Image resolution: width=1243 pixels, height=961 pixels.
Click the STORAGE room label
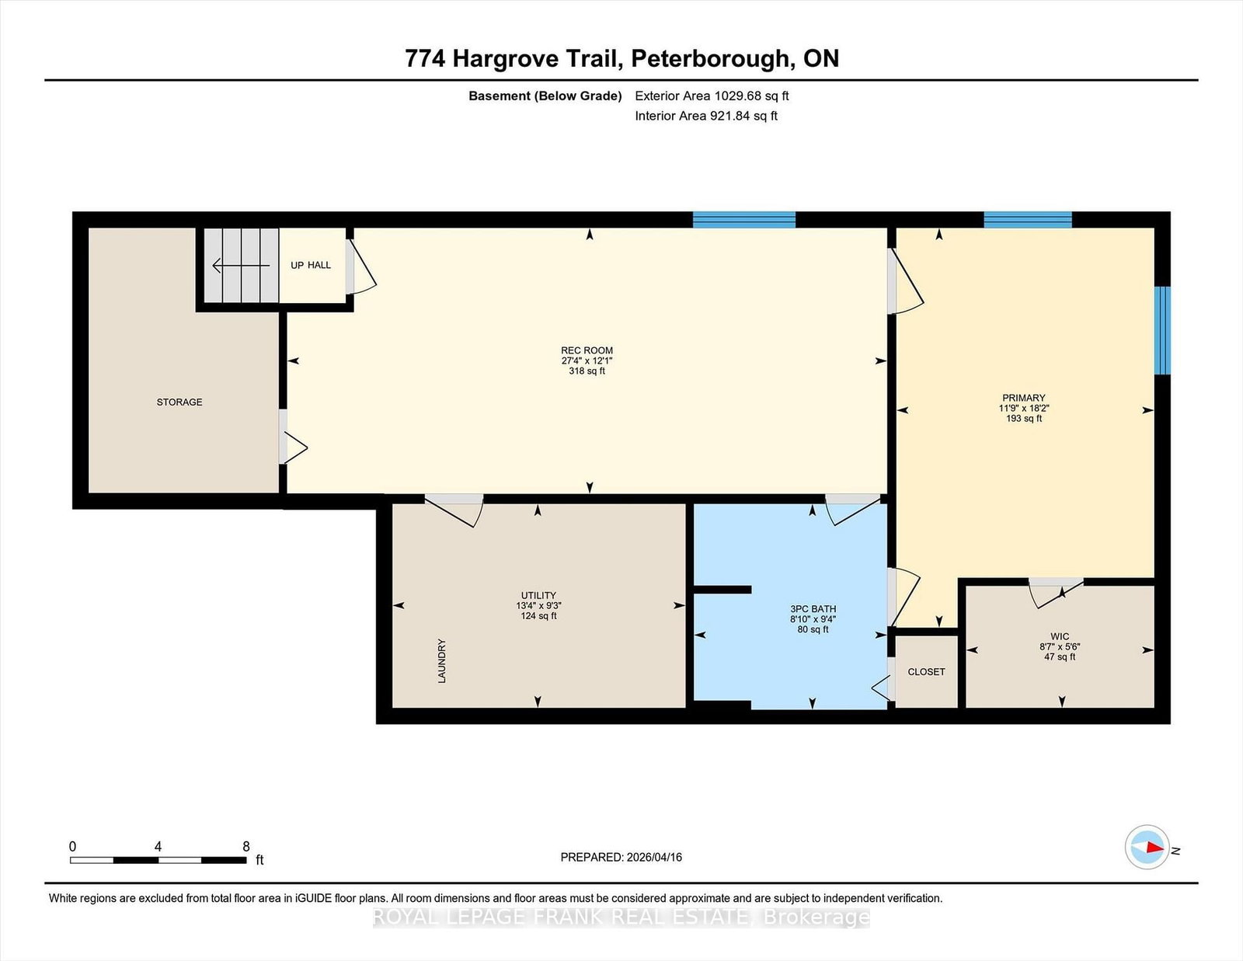click(x=179, y=402)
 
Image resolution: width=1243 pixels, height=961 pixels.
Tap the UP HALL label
click(x=311, y=265)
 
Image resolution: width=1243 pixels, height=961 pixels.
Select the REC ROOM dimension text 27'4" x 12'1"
click(x=587, y=361)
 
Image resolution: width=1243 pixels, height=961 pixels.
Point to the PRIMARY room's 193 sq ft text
click(x=1024, y=418)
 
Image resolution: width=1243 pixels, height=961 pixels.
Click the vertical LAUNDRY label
click(x=441, y=660)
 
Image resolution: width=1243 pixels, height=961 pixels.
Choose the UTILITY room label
click(x=538, y=595)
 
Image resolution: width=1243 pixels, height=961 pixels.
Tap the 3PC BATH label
click(x=813, y=609)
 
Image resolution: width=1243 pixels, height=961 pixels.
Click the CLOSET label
click(x=926, y=671)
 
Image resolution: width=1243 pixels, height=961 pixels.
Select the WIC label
click(x=1060, y=636)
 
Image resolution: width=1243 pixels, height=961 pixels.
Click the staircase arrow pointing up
click(x=241, y=266)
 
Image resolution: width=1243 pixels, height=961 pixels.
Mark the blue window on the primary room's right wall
click(x=1162, y=331)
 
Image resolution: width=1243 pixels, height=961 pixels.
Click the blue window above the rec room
click(x=744, y=220)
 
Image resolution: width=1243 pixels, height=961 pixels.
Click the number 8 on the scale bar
click(x=246, y=847)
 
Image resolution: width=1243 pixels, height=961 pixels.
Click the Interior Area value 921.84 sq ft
click(x=743, y=116)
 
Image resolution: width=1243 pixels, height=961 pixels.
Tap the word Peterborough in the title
click(x=709, y=59)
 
